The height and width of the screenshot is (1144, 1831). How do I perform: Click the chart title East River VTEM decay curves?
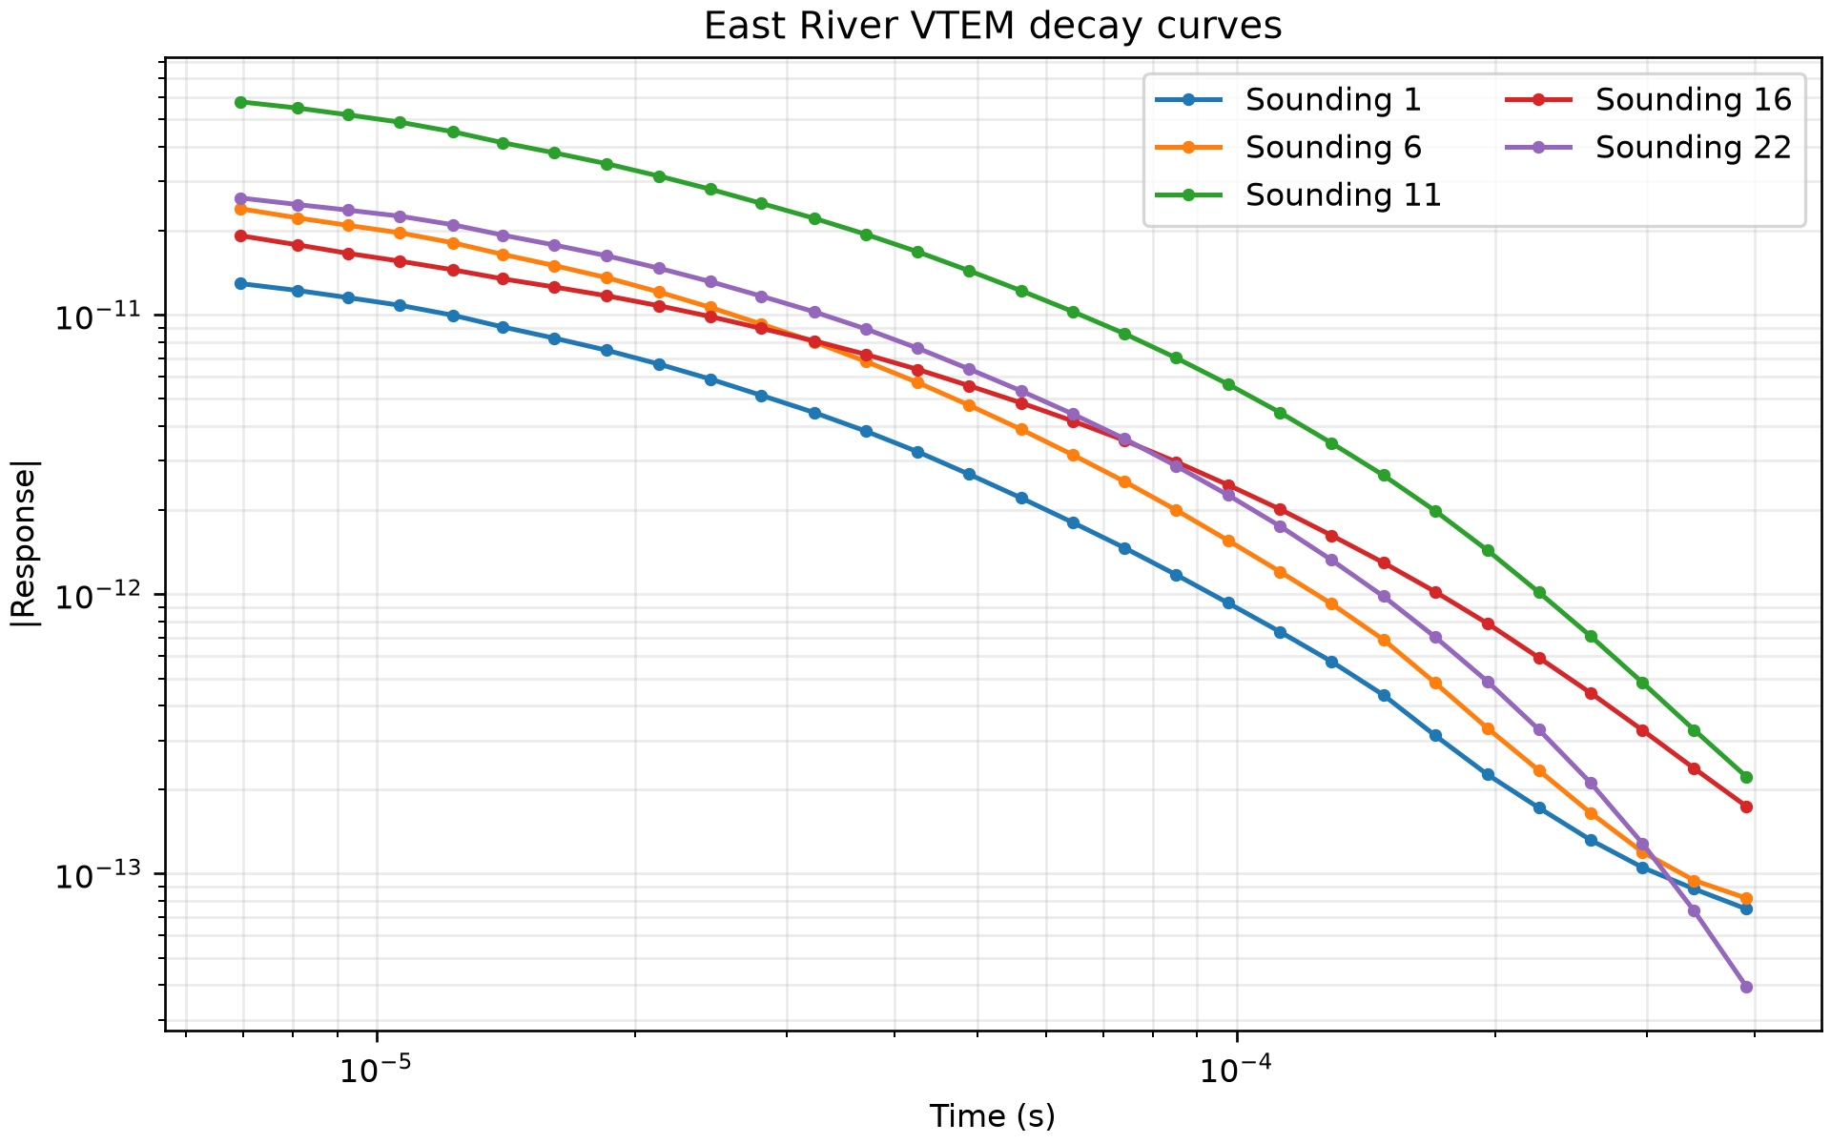pyautogui.click(x=993, y=27)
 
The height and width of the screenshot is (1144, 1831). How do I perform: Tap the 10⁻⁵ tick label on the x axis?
pyautogui.click(x=378, y=1070)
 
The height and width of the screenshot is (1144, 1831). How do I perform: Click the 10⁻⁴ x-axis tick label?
pyautogui.click(x=1237, y=1070)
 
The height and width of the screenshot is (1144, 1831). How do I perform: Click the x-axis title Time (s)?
pyautogui.click(x=992, y=1115)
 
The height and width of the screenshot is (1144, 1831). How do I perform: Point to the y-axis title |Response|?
pyautogui.click(x=26, y=543)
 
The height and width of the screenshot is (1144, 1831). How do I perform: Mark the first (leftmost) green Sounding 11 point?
pyautogui.click(x=241, y=102)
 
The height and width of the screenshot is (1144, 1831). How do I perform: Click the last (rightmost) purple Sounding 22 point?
pyautogui.click(x=1746, y=987)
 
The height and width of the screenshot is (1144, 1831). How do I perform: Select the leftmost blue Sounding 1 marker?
pyautogui.click(x=241, y=283)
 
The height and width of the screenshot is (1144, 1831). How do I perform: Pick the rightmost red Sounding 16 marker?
pyautogui.click(x=1746, y=807)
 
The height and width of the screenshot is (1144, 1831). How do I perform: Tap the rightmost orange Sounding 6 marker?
pyautogui.click(x=1746, y=898)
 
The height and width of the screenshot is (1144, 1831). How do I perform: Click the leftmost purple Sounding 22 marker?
pyautogui.click(x=241, y=198)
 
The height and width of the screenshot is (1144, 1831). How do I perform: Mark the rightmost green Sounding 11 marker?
pyautogui.click(x=1746, y=777)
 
